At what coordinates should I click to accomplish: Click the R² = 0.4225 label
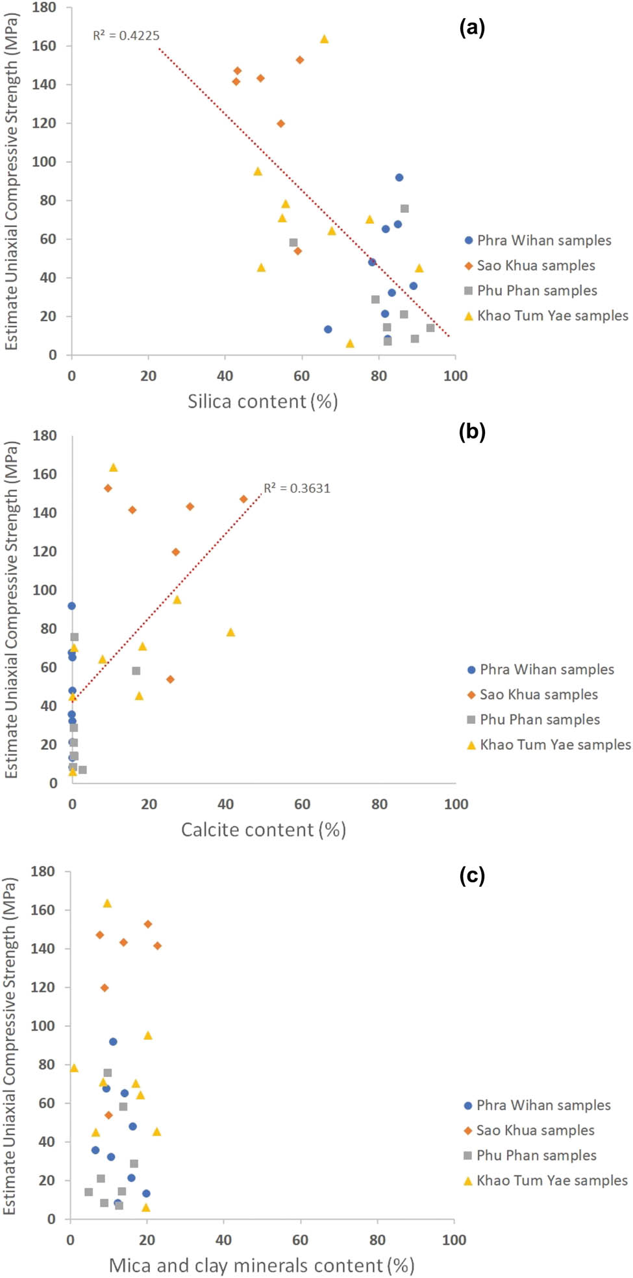tap(126, 36)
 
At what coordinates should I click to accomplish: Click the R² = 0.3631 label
tap(297, 488)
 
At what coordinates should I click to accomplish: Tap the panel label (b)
tap(472, 431)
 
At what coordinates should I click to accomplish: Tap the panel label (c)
tap(472, 876)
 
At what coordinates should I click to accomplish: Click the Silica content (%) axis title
tap(263, 402)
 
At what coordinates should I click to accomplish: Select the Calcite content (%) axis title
tap(263, 830)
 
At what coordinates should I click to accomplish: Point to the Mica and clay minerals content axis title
tap(261, 1266)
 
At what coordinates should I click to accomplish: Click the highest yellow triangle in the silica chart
tap(324, 40)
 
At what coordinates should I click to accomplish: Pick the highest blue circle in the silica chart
tap(399, 178)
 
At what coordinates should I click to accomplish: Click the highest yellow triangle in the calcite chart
tap(113, 468)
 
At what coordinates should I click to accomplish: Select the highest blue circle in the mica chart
tap(113, 1042)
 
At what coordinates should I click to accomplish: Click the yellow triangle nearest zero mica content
tap(74, 1068)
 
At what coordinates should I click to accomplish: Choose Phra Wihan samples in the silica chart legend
tap(544, 241)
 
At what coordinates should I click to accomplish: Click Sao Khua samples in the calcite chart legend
tap(538, 695)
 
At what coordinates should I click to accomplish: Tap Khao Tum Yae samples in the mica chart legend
tap(552, 1181)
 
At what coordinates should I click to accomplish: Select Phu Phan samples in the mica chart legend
tap(536, 1155)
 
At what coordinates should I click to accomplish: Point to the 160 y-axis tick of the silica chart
tap(44, 46)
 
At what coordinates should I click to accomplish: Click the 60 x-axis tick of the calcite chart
tap(303, 804)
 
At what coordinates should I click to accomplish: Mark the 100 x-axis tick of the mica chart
tap(454, 1240)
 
